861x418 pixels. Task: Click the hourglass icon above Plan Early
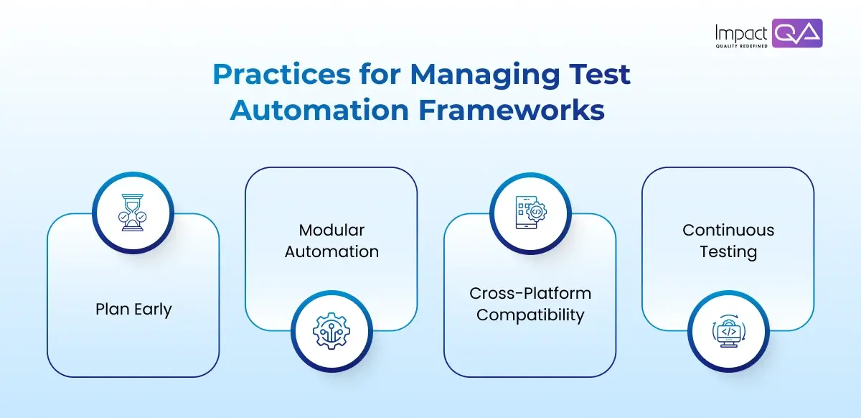click(133, 213)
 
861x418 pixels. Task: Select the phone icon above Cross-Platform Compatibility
click(530, 213)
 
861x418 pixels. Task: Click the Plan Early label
click(133, 310)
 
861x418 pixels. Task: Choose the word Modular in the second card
click(331, 230)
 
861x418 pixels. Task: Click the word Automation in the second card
click(331, 251)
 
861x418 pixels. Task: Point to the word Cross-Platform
click(530, 293)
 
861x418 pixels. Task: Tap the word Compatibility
click(530, 315)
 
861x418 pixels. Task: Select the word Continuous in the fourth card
click(728, 230)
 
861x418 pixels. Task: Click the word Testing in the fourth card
click(728, 251)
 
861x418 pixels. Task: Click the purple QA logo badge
click(798, 33)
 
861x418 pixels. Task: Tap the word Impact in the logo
click(741, 32)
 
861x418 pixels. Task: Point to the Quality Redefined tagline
click(741, 47)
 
